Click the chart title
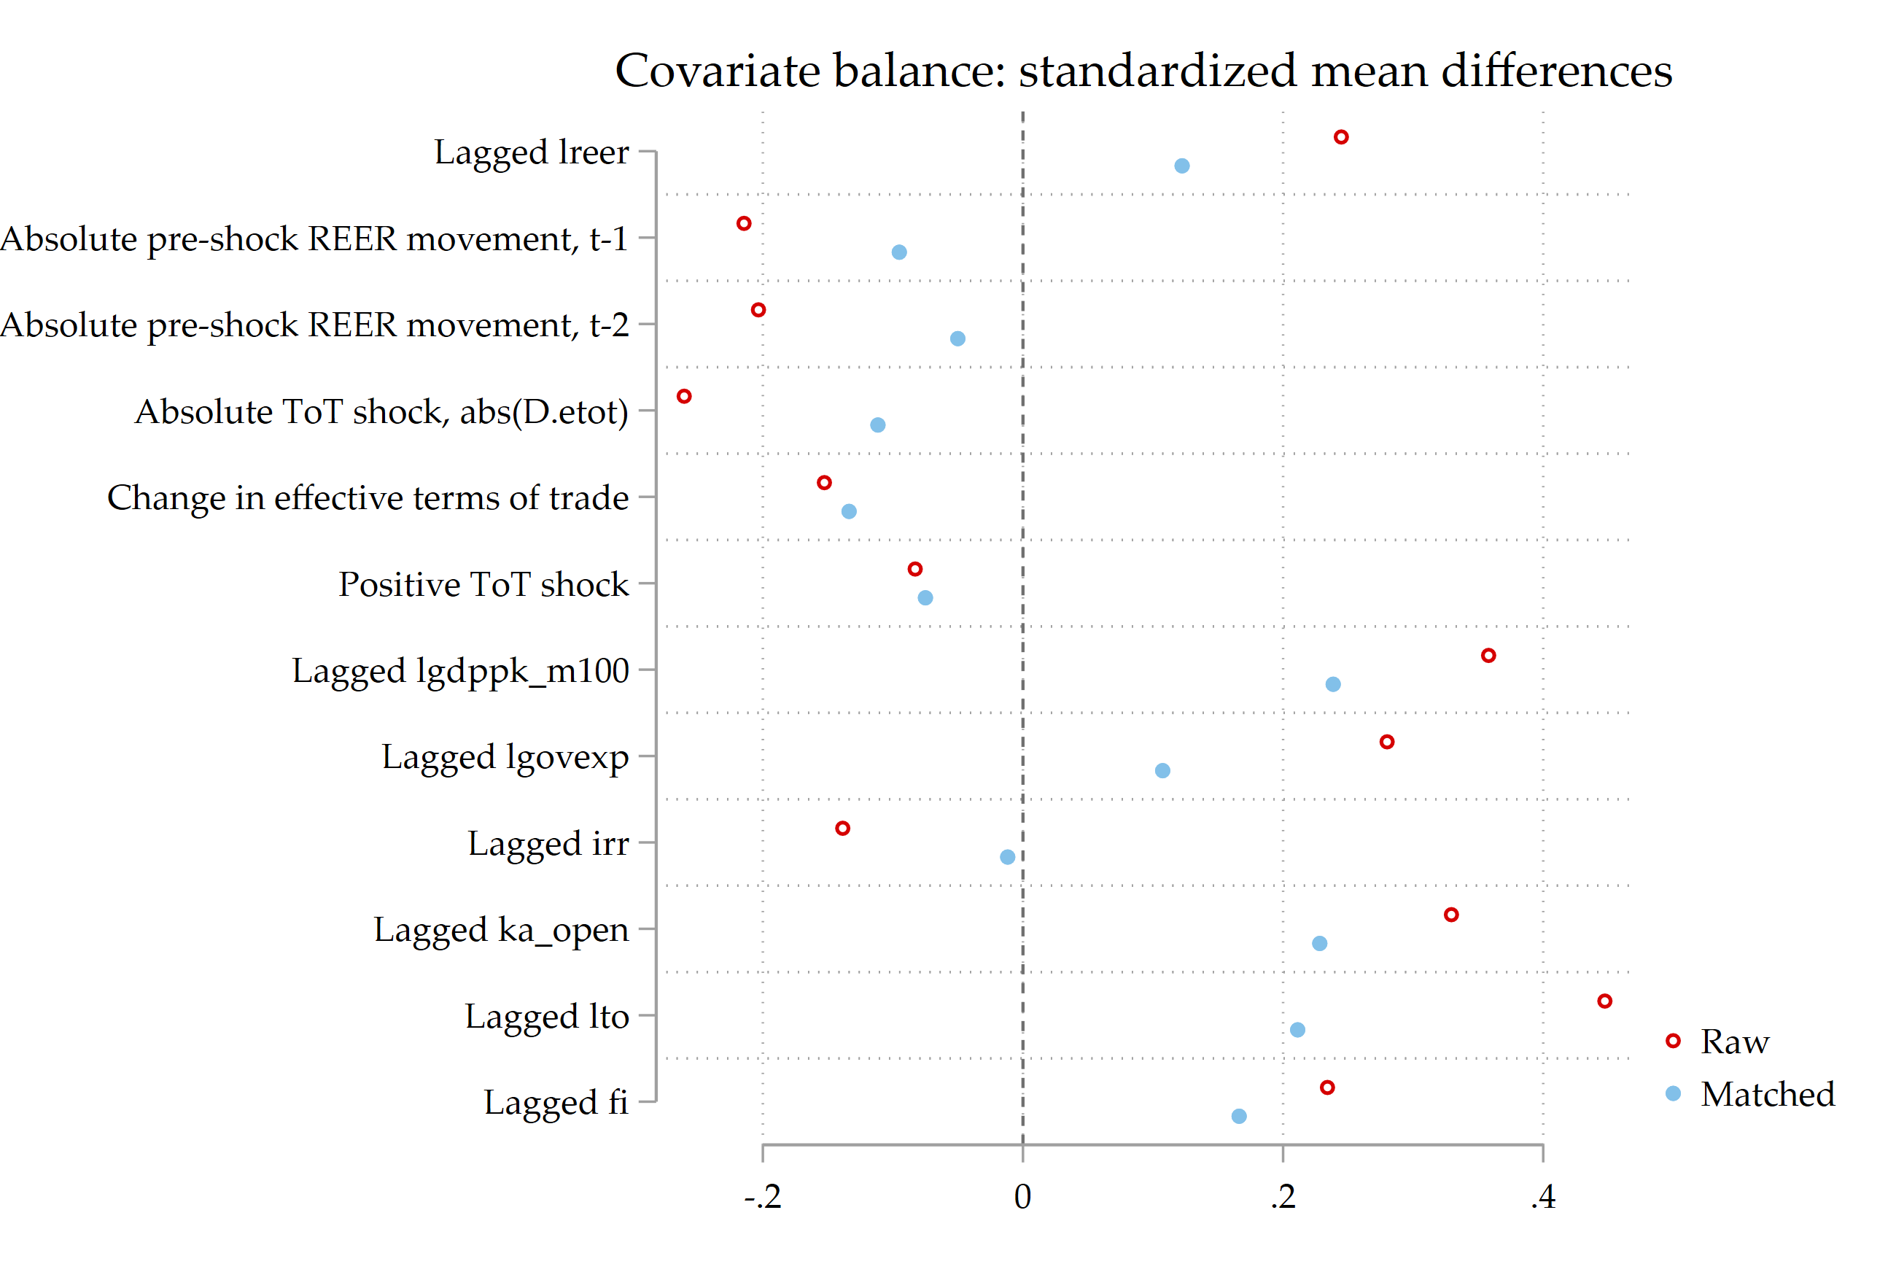click(1143, 71)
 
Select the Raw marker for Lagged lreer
click(1341, 137)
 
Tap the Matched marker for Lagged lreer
click(1181, 166)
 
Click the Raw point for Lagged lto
click(1604, 1001)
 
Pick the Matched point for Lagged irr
click(1007, 857)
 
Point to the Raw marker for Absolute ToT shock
click(684, 396)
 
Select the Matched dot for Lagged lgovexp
click(1162, 771)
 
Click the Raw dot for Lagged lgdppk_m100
click(1488, 656)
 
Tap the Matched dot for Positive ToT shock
click(925, 598)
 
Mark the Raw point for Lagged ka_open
click(1451, 915)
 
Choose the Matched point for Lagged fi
click(1239, 1117)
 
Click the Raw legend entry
click(1733, 1042)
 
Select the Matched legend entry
click(1765, 1094)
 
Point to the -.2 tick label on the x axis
click(762, 1197)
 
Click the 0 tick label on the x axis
click(1022, 1197)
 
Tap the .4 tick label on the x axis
click(1542, 1197)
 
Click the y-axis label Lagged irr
click(548, 844)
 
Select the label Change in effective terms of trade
click(368, 498)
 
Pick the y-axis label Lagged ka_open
click(500, 930)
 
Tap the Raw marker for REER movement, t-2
click(758, 309)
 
